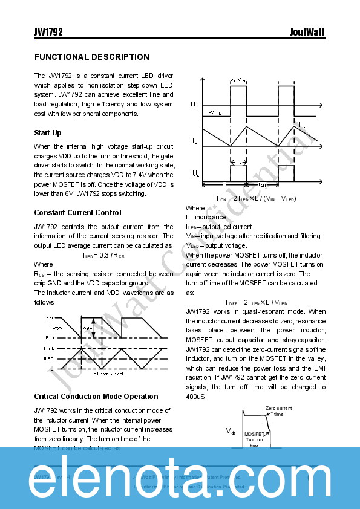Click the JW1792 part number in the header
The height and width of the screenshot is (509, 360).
[x=48, y=32]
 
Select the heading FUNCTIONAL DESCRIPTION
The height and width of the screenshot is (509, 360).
[x=91, y=57]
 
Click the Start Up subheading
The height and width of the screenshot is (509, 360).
[x=48, y=133]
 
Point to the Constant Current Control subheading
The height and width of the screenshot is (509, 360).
[x=77, y=213]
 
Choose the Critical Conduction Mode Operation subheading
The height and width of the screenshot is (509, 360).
[x=96, y=397]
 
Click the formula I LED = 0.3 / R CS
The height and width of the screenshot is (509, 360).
[x=103, y=255]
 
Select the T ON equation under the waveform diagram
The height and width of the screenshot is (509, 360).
[x=256, y=198]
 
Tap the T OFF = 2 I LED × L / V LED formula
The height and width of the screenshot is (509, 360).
[x=256, y=302]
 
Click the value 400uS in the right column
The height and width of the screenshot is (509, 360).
[x=195, y=397]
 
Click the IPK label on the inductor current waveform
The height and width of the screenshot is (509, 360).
[x=303, y=125]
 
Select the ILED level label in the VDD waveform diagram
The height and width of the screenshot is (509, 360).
[x=48, y=358]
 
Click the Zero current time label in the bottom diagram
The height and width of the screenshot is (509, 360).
[x=279, y=411]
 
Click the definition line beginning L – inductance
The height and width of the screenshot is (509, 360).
[x=206, y=217]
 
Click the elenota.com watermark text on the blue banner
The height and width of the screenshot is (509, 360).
[x=180, y=478]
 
